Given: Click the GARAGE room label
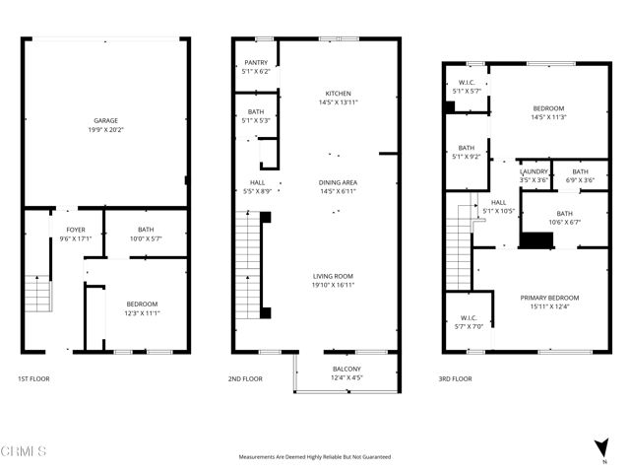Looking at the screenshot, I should [106, 120].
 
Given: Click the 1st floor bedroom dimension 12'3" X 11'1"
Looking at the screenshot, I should [141, 312].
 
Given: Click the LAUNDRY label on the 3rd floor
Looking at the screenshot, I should [534, 171].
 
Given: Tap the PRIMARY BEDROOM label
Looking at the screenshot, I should [549, 296].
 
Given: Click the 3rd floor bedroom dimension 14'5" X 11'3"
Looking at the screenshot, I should [548, 116].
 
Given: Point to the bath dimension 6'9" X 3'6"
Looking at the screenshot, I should [580, 180].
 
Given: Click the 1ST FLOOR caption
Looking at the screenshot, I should [33, 378].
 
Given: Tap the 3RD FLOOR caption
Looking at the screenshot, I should [456, 378].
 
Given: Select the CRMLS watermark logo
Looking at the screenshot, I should [24, 452].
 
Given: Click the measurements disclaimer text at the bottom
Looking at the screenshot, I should [315, 457].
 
